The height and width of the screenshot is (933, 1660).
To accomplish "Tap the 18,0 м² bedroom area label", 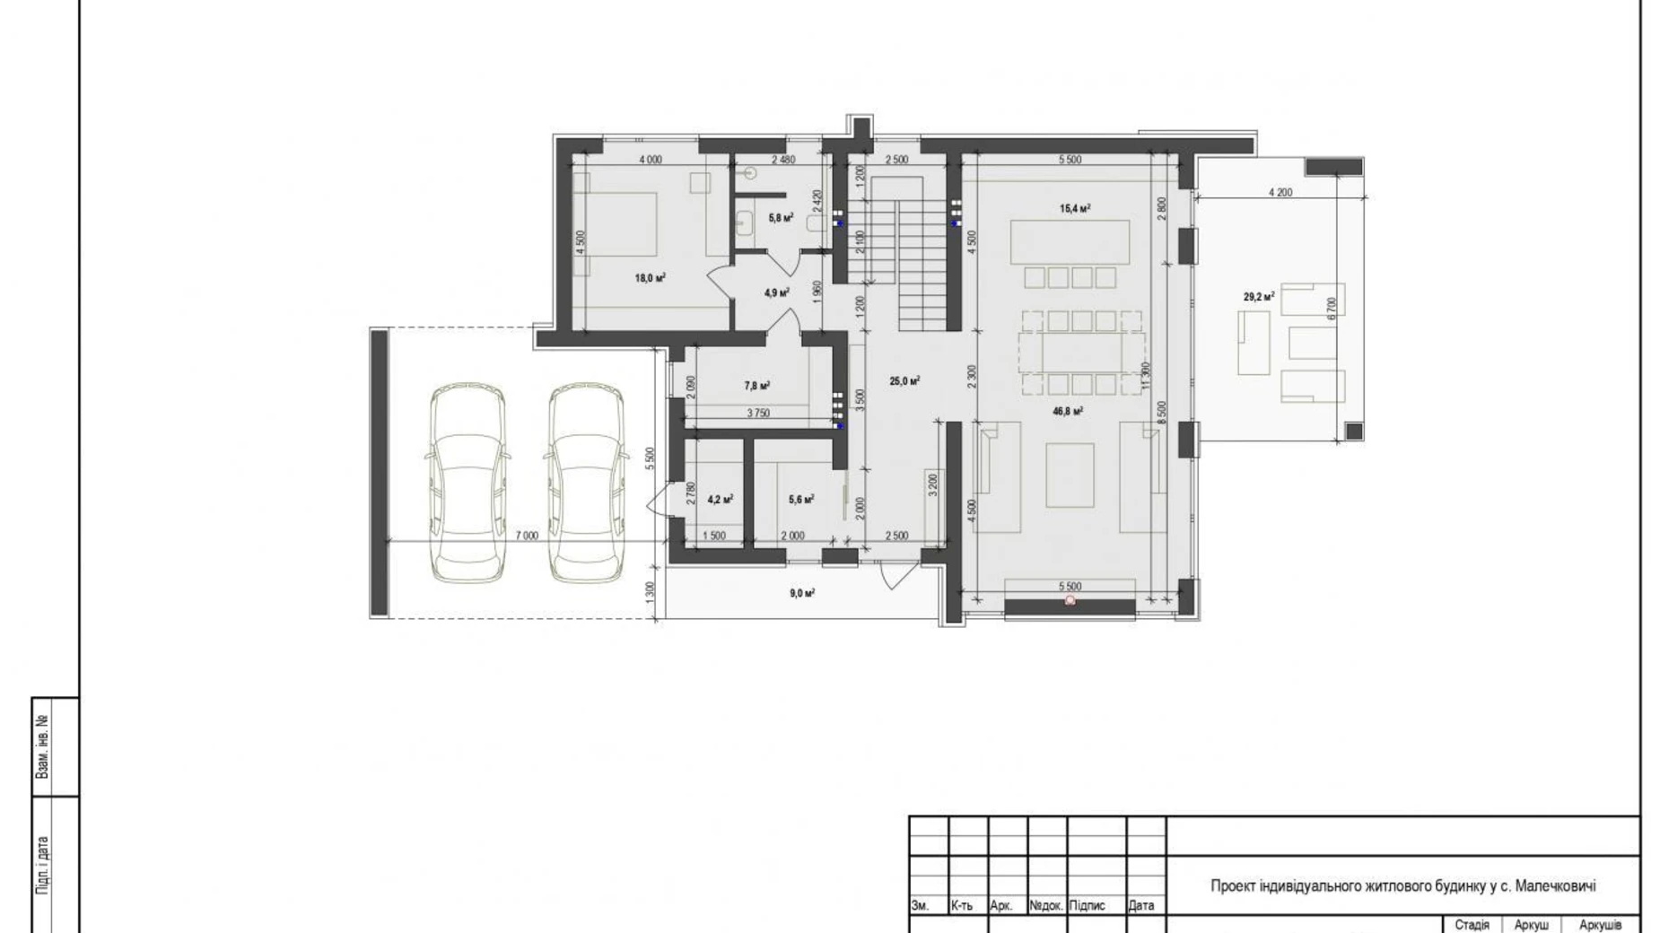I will [650, 278].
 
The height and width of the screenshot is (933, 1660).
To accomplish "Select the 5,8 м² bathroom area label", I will [780, 217].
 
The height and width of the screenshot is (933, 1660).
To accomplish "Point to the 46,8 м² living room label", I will [1067, 411].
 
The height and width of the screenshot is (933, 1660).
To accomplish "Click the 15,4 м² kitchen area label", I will [1074, 208].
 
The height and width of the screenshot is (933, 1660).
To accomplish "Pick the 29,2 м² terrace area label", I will [1259, 296].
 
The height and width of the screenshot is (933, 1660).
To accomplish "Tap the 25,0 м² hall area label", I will [904, 381].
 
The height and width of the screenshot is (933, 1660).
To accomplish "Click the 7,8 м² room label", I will [756, 386].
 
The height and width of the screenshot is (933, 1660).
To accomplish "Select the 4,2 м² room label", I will [720, 500].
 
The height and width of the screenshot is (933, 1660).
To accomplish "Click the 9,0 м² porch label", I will [801, 593].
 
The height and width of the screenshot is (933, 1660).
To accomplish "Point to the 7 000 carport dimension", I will [527, 536].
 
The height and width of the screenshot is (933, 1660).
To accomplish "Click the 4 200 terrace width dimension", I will [1280, 192].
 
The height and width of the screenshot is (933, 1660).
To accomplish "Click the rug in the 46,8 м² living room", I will [1070, 475].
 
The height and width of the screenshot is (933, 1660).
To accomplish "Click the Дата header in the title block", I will [1140, 905].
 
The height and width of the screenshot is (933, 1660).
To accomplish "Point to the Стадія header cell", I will [1472, 924].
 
